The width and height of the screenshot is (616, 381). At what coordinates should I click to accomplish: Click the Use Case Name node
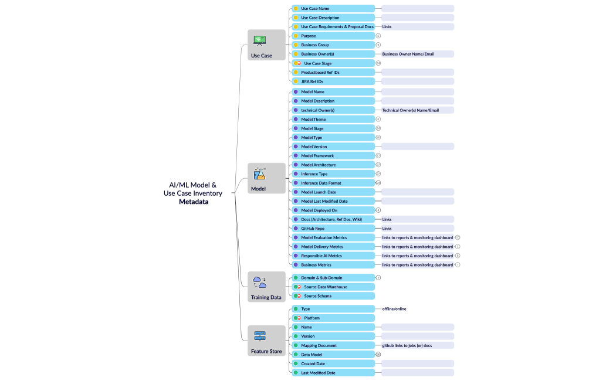pos(333,8)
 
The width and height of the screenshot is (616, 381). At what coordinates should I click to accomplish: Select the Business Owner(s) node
pos(333,54)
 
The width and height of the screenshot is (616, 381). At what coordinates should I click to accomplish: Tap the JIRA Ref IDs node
pos(333,81)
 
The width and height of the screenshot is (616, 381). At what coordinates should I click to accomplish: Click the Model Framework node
pos(333,155)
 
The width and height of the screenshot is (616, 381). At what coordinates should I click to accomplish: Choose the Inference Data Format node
pos(333,183)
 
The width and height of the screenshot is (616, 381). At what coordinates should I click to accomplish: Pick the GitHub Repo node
pos(333,228)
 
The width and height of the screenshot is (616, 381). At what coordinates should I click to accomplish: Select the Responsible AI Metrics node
pos(333,256)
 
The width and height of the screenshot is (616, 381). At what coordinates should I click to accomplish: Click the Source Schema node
pos(333,296)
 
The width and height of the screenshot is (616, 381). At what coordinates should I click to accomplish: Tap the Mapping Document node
pos(333,345)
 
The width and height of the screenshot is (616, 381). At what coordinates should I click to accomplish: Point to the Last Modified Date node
pos(333,373)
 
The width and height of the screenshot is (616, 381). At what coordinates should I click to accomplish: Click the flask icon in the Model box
pos(259,174)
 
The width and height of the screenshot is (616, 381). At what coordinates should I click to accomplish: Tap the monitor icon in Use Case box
pos(259,40)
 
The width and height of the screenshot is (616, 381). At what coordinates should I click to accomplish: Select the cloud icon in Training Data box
pos(259,282)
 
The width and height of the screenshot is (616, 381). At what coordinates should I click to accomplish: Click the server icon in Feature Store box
pos(259,336)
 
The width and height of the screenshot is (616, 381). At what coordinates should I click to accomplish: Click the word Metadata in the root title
pos(194,202)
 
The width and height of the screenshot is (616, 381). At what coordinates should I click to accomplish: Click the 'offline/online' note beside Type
pos(394,309)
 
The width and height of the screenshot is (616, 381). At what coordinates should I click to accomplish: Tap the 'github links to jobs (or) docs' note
pos(407,345)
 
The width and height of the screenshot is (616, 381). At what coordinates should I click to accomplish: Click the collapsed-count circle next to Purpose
pos(378,36)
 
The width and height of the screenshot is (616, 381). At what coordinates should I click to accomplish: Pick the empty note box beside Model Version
pos(417,147)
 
